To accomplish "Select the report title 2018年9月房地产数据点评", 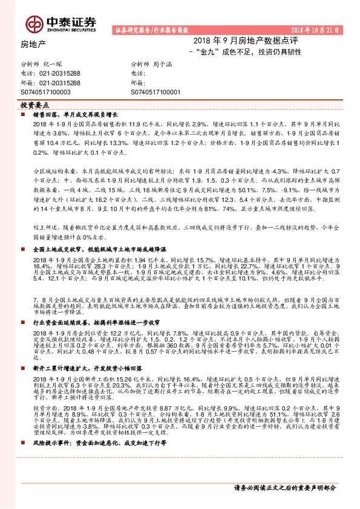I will pyautogui.click(x=239, y=41).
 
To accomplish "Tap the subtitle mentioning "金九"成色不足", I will pyautogui.click(x=244, y=52).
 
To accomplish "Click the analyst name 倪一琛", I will pyautogui.click(x=54, y=63).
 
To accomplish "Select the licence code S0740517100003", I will pyautogui.click(x=45, y=92).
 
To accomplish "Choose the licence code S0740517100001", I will pyautogui.click(x=155, y=92).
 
